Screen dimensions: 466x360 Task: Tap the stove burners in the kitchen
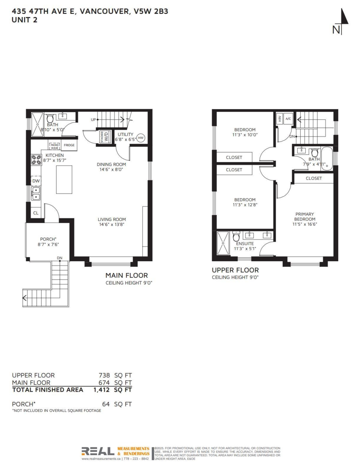click(x=36, y=160)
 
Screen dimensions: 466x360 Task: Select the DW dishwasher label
click(x=36, y=181)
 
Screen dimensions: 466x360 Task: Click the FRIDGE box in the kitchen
click(x=69, y=145)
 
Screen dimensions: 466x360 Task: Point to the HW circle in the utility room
click(x=141, y=137)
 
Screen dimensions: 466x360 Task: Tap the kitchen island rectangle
click(x=64, y=179)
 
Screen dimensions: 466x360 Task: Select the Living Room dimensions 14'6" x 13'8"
click(x=111, y=224)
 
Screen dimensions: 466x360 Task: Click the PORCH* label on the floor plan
click(x=49, y=239)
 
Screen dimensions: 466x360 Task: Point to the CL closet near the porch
click(x=35, y=213)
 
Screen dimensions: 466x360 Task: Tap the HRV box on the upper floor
click(x=280, y=119)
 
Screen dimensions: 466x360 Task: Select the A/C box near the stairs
click(x=288, y=119)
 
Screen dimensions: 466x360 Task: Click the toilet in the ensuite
click(x=236, y=236)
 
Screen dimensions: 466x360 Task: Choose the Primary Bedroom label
click(x=304, y=216)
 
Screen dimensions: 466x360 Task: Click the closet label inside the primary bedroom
click(x=313, y=178)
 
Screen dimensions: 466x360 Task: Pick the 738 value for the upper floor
click(x=104, y=375)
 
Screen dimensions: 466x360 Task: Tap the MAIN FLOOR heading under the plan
click(x=127, y=275)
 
